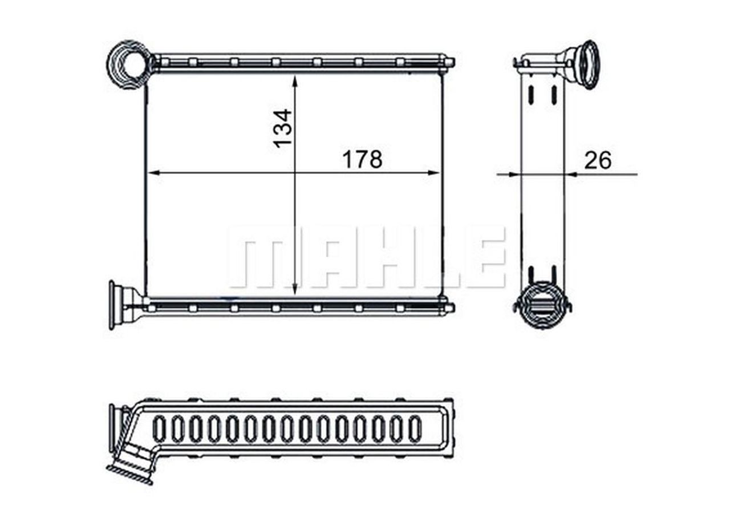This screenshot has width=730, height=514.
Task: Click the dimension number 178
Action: click(362, 160)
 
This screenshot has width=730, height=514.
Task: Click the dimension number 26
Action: click(597, 161)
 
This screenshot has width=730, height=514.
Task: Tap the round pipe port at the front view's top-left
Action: click(130, 64)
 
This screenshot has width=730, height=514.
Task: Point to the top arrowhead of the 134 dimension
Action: click(295, 81)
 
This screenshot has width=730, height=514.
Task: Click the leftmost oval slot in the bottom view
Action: click(160, 429)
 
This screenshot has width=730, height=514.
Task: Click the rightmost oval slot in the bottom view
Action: click(415, 429)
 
